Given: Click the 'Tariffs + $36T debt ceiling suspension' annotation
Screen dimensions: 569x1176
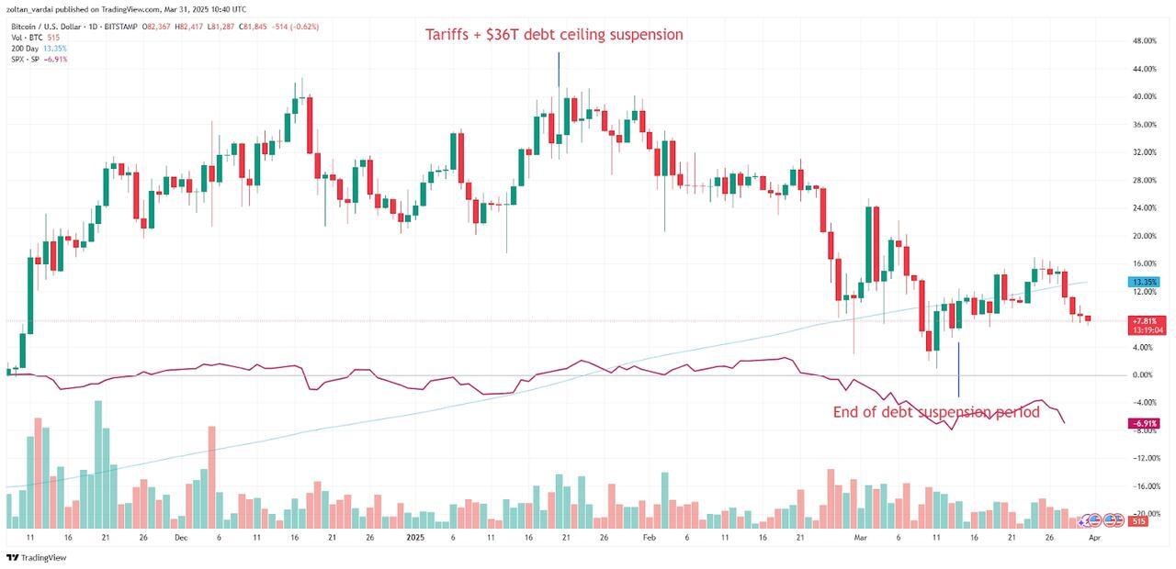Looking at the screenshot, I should point(554,35).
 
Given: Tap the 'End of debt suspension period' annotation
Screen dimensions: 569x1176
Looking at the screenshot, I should point(936,412).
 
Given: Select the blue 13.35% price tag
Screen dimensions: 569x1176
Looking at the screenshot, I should point(1144,282).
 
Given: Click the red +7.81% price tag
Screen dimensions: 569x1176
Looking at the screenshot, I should point(1144,320).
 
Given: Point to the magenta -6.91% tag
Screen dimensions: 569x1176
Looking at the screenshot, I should point(1144,423).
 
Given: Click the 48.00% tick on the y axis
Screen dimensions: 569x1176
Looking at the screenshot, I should point(1144,41).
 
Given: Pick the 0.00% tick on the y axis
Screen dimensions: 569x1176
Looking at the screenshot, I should point(1143,375).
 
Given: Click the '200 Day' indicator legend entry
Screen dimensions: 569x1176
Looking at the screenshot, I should point(25,48).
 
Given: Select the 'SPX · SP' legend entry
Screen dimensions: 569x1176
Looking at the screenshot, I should point(26,59).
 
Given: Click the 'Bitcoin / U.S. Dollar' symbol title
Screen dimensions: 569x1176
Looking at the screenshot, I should point(46,27).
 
